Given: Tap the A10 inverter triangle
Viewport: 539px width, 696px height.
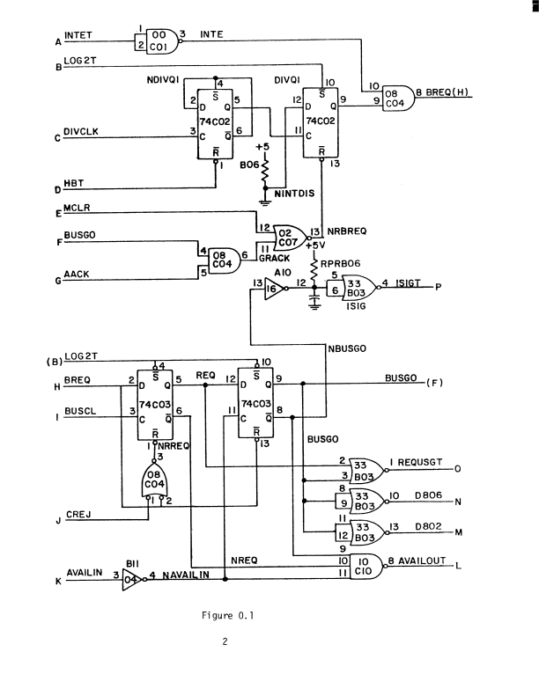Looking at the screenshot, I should tap(275, 287).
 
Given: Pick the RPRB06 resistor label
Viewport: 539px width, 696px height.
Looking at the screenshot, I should tap(341, 261).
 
